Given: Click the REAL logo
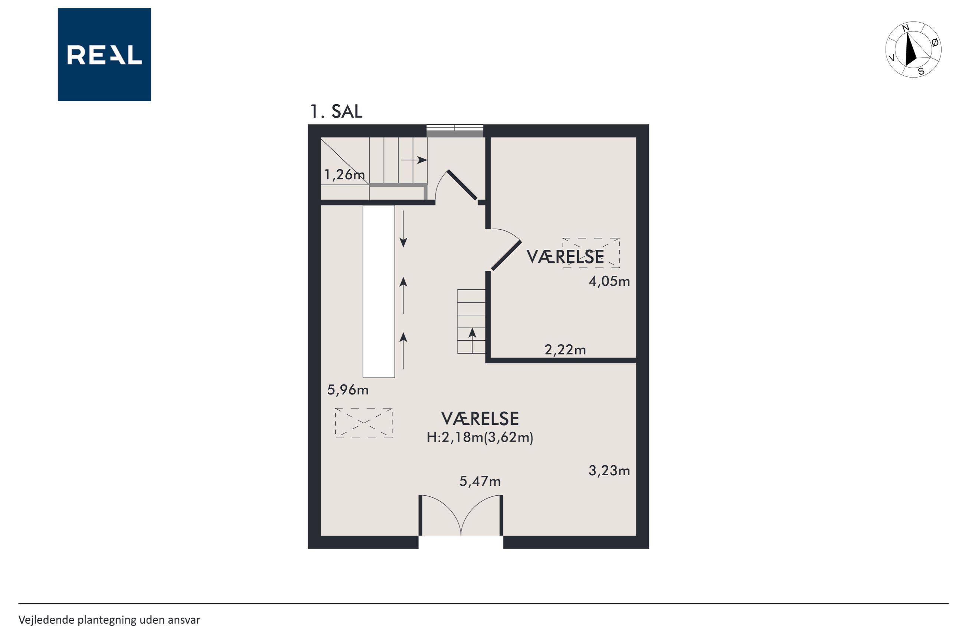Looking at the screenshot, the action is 104,55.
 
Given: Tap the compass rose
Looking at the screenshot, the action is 913,49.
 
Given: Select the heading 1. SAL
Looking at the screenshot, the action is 336,112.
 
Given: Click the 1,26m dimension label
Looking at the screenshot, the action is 344,175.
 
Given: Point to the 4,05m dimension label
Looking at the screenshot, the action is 609,281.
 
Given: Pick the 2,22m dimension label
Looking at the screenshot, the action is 565,350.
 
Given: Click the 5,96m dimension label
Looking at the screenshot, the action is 348,390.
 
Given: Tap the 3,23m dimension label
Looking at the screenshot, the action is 609,471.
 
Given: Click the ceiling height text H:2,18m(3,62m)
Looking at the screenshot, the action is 480,437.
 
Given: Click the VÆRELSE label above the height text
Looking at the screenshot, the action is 480,419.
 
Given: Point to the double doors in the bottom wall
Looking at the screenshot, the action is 461,515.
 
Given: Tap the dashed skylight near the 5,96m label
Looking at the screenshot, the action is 364,423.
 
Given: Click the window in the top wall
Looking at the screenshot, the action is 455,131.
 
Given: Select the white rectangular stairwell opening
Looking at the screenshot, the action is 379,292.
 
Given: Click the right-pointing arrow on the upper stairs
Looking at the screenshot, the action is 414,160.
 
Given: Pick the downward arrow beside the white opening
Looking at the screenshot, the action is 403,229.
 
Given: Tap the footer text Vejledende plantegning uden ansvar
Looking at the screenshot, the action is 109,620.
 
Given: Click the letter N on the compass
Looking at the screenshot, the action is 906,28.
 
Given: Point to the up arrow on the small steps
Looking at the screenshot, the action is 472,340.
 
